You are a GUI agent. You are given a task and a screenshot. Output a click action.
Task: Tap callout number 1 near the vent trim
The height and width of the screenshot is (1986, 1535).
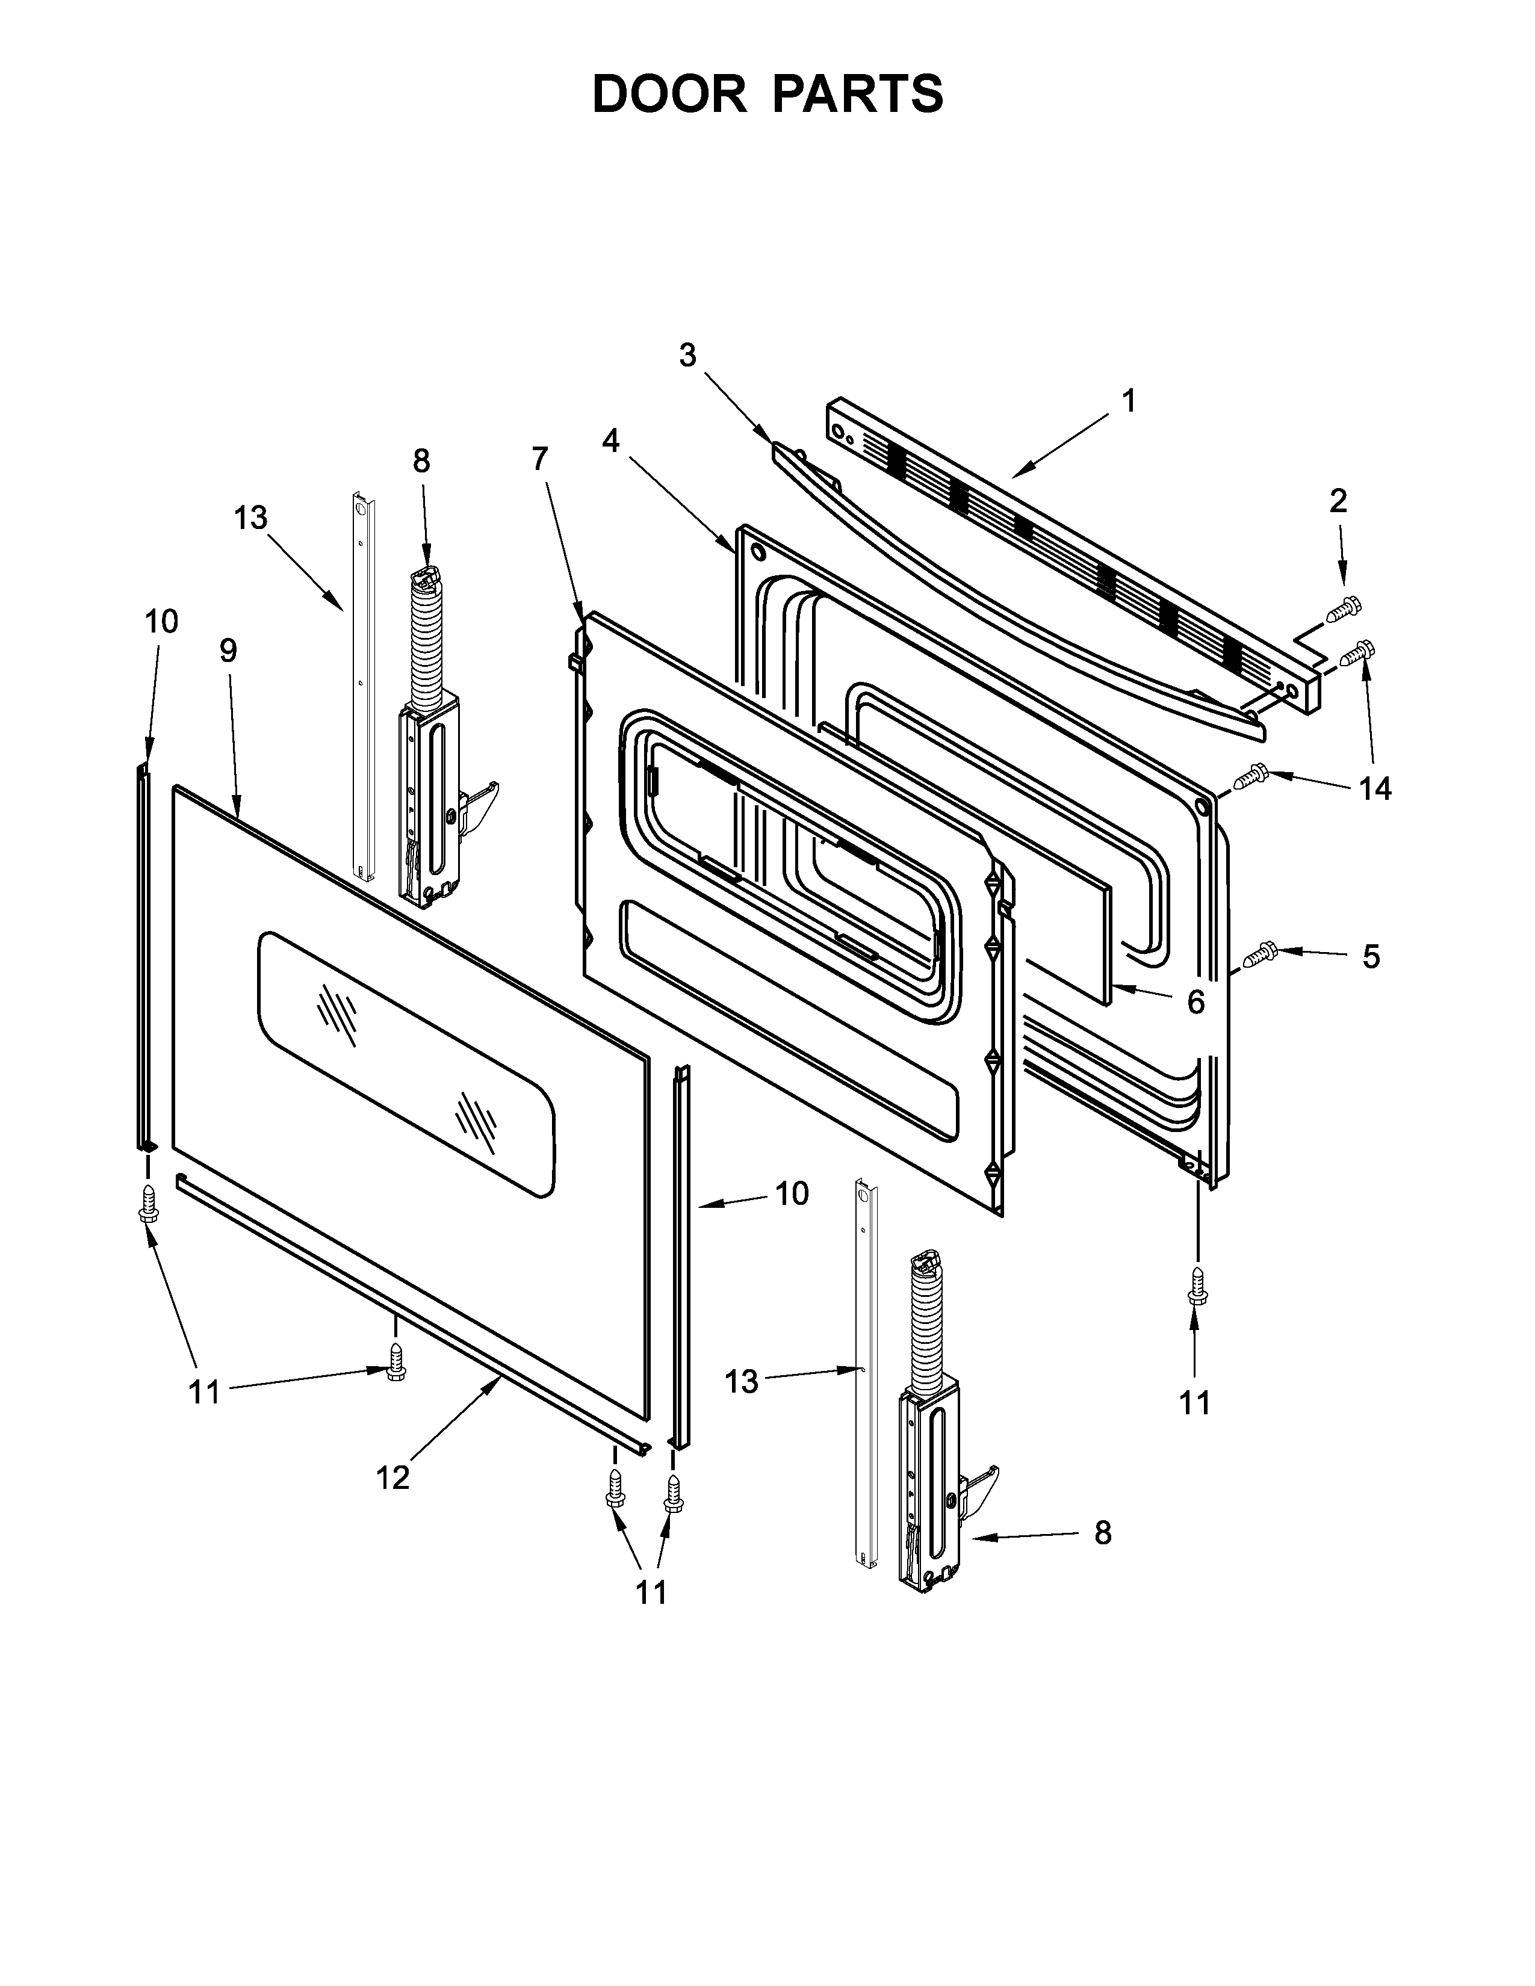point(1129,400)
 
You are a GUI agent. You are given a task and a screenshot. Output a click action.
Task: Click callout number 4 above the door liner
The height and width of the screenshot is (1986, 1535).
point(610,441)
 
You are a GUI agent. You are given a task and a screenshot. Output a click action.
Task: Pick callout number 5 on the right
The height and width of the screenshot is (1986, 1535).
point(1371,957)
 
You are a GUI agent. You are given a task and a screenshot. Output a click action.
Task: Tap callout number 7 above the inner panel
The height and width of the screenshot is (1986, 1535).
point(540,459)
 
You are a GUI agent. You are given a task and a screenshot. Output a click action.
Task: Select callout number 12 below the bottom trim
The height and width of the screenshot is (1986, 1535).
point(393,1479)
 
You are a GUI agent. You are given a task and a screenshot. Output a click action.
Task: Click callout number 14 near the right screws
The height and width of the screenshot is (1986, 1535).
point(1375,788)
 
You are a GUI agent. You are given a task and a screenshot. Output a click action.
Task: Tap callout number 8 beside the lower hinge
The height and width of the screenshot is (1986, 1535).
point(1102,1533)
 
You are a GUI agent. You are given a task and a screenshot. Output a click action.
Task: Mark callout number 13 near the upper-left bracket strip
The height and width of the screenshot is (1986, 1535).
point(251,518)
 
